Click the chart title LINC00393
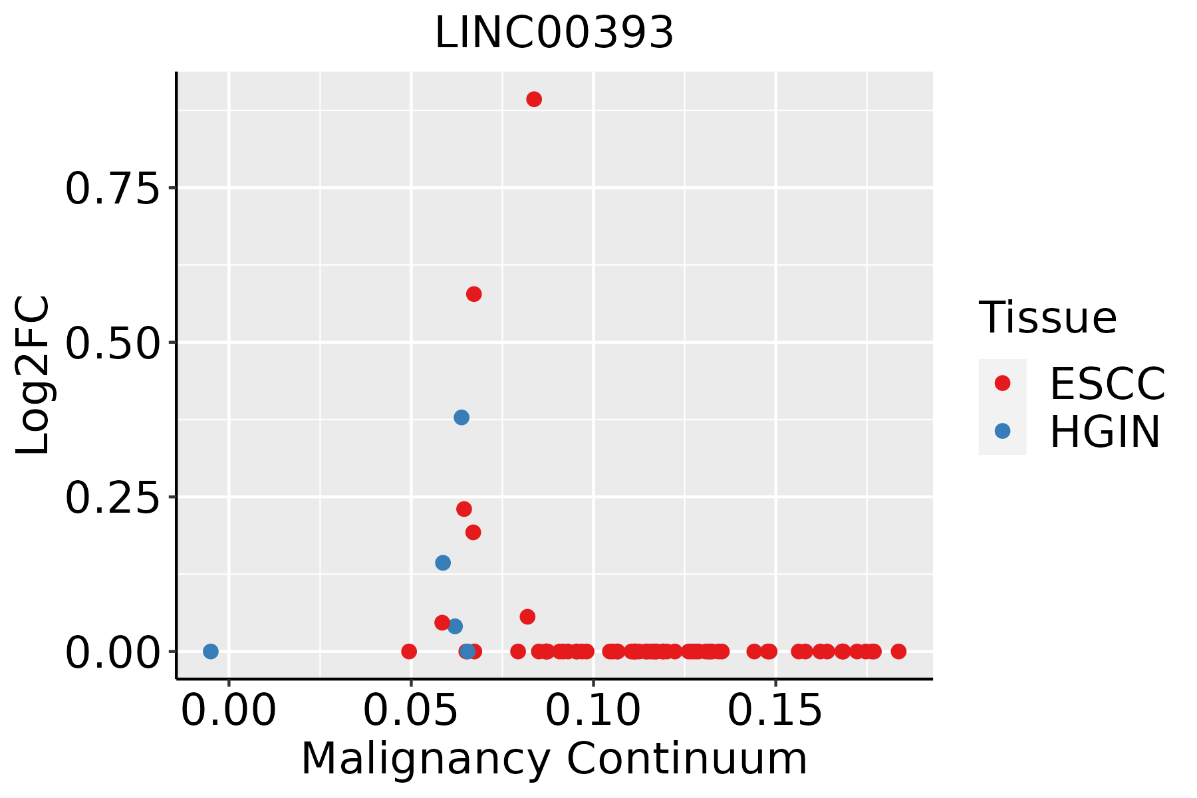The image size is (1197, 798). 554,33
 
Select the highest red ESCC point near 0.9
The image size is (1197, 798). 534,99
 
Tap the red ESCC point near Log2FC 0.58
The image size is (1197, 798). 474,294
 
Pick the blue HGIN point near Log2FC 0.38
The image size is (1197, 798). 462,418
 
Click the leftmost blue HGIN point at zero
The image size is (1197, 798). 211,651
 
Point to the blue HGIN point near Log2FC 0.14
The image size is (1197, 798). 443,563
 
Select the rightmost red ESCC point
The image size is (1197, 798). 898,651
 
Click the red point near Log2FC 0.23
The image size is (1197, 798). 464,509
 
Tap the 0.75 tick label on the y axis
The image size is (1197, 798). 113,189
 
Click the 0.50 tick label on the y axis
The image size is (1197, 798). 113,343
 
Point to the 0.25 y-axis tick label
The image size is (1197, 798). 113,497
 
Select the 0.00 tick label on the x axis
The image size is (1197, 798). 229,712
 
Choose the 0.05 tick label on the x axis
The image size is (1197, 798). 411,712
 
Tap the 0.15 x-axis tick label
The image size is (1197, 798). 775,712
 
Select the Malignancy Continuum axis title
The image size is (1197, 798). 554,759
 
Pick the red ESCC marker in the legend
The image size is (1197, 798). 1002,382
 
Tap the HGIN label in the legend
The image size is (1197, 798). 1105,432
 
